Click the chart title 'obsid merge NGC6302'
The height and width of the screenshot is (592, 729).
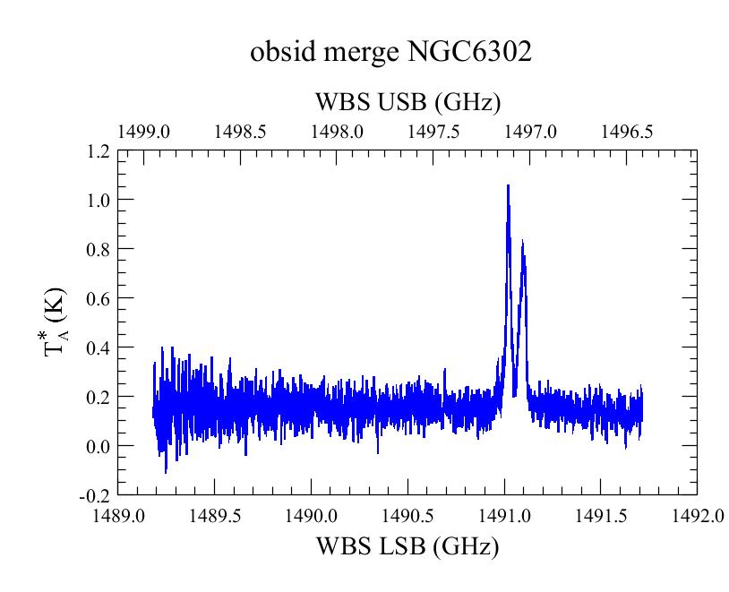390,52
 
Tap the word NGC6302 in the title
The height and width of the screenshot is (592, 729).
469,51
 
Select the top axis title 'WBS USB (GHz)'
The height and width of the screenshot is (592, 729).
408,102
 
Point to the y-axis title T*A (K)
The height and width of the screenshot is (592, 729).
56,322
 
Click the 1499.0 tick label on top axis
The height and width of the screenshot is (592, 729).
143,132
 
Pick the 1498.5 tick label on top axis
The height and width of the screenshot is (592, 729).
240,132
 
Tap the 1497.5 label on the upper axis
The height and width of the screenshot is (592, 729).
433,132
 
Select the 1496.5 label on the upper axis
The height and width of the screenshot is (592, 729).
627,132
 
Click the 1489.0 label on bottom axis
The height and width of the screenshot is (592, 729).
119,516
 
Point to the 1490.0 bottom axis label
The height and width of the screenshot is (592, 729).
312,516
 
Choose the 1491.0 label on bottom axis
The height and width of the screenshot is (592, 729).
505,516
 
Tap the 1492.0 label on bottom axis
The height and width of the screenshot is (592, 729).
699,516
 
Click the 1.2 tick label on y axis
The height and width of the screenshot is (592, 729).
99,151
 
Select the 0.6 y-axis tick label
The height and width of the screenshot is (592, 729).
99,298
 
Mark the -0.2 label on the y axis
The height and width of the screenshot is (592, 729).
95,497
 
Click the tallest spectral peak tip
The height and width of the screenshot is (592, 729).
508,185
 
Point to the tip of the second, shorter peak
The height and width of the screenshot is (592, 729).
523,240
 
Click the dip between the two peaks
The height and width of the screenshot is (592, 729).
515,396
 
